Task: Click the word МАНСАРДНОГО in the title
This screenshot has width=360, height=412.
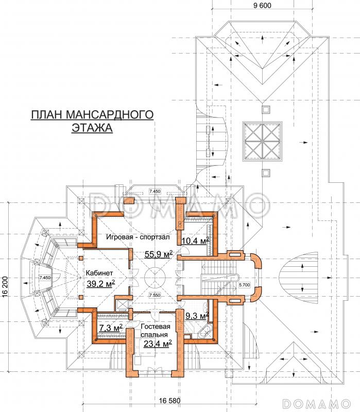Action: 110,114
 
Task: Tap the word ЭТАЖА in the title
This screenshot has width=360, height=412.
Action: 92,128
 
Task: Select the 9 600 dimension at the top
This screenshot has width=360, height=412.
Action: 262,5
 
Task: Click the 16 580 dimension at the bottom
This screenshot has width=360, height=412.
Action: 170,401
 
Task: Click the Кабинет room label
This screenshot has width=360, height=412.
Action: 99,273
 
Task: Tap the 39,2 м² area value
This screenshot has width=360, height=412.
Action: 100,283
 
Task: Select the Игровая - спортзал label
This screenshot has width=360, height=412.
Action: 138,237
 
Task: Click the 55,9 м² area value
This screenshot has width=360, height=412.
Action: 159,254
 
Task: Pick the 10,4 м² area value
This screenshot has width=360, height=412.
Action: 196,241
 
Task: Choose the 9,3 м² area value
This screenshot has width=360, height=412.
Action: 197,316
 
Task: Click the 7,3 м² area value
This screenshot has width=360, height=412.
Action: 111,328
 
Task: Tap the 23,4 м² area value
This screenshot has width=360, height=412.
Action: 158,343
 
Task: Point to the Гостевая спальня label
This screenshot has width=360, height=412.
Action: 156,331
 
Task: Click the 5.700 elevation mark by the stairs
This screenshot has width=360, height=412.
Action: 245,285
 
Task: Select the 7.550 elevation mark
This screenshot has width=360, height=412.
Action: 155,295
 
